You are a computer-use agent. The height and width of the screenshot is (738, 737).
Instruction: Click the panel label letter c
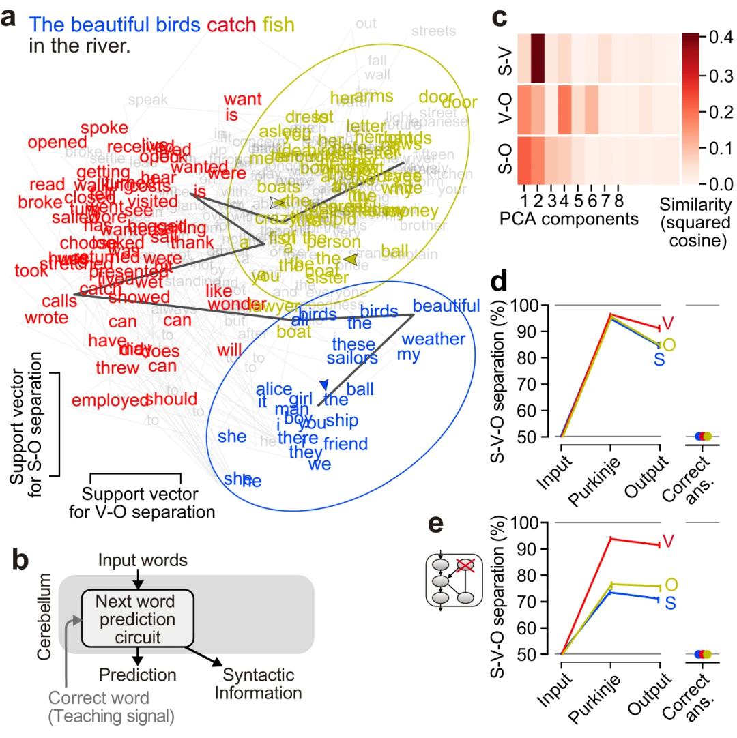(499, 17)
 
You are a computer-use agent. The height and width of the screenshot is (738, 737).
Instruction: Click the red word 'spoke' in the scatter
(104, 128)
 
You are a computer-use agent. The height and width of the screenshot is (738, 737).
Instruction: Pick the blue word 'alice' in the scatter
(274, 388)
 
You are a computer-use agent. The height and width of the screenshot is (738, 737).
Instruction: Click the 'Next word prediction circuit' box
(138, 619)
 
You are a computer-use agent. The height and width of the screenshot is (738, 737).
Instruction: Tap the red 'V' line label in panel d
(668, 323)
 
